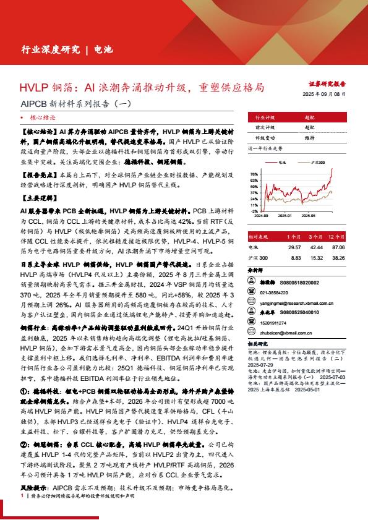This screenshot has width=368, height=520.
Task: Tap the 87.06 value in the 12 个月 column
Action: click(338, 247)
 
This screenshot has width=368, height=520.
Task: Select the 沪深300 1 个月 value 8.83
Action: click(295, 257)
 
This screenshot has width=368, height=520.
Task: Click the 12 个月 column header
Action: click(336, 236)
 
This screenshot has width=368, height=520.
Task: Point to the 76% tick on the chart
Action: click(254, 174)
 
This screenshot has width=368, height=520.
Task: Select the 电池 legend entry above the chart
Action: click(281, 163)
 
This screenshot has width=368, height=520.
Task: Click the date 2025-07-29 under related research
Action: click(259, 365)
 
